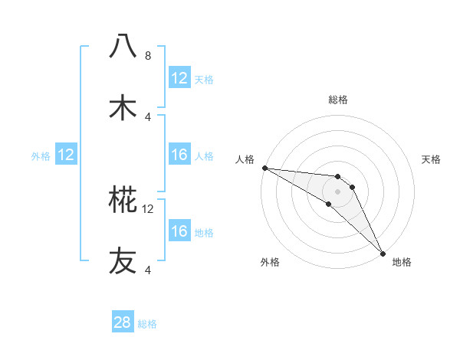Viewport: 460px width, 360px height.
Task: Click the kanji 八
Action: pos(123,46)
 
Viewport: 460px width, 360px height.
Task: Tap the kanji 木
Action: pos(123,107)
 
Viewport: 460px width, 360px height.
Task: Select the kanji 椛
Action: pos(123,200)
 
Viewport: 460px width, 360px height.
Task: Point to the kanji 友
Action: pos(123,261)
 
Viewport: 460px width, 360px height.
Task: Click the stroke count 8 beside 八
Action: pos(148,55)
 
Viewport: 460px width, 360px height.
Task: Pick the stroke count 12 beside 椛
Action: pos(148,208)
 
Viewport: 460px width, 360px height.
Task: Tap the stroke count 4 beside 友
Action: pos(148,270)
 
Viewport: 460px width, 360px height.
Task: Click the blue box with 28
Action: pos(123,322)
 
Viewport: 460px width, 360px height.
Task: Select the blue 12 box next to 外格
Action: pos(66,155)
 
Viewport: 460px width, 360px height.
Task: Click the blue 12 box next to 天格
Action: pos(179,78)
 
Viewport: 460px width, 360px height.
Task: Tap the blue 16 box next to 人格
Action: pos(179,155)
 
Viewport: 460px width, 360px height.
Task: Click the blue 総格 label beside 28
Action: pos(147,324)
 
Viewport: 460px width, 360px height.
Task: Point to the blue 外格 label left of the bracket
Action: pos(41,156)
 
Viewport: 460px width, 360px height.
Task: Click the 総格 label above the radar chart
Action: pos(337,100)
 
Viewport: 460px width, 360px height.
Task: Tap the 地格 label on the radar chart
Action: pos(402,263)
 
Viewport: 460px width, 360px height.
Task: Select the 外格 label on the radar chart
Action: pos(271,263)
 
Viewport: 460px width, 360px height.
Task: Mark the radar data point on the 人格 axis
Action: pos(264,168)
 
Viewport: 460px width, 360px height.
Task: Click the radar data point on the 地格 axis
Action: pos(383,254)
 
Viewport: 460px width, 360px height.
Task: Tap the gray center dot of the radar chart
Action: pos(337,191)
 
